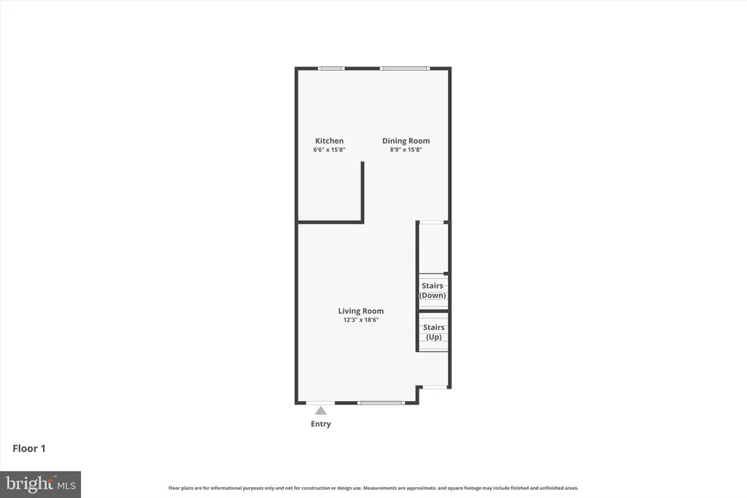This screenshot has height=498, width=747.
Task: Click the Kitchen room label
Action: [x=329, y=141]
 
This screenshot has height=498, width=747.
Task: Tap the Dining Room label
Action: [x=406, y=141]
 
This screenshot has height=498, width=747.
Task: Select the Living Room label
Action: [x=360, y=311]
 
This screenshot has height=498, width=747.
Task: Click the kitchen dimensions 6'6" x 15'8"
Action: [x=329, y=149]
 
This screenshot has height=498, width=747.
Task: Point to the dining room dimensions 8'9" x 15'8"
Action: [x=406, y=149]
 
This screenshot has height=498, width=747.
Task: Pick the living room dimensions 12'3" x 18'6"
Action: [x=360, y=320]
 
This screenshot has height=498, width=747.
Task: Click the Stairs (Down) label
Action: [x=433, y=290]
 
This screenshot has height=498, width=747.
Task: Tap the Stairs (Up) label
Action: [x=433, y=332]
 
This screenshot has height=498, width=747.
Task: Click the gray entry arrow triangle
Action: [x=321, y=411]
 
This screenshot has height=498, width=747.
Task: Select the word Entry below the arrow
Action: [x=321, y=424]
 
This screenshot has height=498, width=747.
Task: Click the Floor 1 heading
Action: [x=29, y=448]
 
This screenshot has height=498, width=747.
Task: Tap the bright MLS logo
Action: [x=41, y=485]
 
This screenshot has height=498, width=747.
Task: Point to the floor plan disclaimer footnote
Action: [x=373, y=488]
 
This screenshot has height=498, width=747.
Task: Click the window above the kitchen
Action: [x=332, y=69]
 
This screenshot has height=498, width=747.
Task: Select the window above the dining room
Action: [x=404, y=69]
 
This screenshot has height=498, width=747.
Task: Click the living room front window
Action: [x=381, y=403]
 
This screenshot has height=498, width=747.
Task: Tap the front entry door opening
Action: [x=320, y=403]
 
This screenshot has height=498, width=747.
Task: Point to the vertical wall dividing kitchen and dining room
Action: [x=363, y=191]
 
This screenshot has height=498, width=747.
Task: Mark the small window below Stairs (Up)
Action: [x=435, y=387]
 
